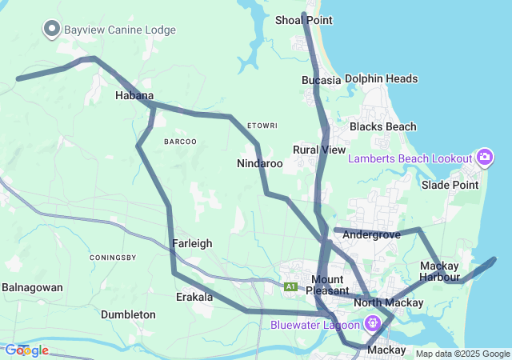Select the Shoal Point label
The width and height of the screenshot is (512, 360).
303,19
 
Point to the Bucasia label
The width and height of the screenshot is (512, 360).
322,80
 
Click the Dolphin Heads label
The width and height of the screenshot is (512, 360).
382,79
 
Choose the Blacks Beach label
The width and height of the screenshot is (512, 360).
383,126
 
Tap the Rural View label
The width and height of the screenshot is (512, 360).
319,150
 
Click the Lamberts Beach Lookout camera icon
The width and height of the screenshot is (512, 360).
483,158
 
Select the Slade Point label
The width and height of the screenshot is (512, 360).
450,185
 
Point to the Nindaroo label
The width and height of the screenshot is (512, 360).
260,163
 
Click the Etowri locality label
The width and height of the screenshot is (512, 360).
262,126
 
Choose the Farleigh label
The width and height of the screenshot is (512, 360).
192,243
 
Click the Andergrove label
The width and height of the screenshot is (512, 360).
371,235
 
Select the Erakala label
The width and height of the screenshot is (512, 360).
194,297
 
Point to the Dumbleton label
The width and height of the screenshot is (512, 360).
128,314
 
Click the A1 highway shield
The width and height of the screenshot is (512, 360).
290,286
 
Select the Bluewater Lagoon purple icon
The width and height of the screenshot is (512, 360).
372,324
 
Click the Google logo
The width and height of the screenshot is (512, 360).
27,350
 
